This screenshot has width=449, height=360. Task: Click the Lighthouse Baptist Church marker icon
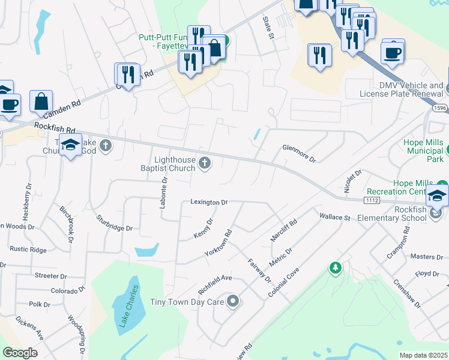205,163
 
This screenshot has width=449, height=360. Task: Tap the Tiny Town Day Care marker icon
232,301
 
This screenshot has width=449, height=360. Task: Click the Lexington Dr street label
209,202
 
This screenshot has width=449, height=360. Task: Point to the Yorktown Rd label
218,243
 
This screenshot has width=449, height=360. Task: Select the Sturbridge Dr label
114,223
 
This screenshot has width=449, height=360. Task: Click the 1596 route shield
441,108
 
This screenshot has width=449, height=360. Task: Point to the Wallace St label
334,216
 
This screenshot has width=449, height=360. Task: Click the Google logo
20,352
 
